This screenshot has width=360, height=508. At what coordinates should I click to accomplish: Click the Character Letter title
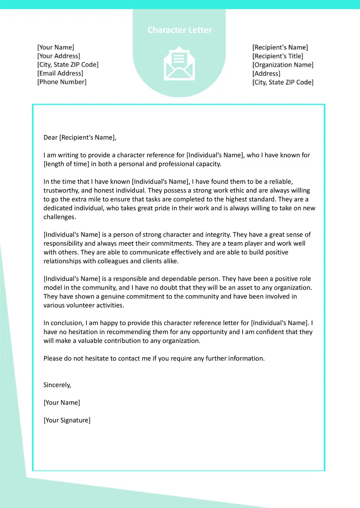(x=180, y=30)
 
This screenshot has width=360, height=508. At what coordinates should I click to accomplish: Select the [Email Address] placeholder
(x=60, y=73)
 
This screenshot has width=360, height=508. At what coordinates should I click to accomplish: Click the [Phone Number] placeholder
(x=62, y=82)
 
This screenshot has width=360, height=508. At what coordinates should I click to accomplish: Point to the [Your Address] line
(x=58, y=56)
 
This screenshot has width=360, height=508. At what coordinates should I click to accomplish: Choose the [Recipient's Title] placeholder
(x=278, y=56)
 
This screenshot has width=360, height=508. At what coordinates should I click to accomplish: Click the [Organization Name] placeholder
(x=283, y=65)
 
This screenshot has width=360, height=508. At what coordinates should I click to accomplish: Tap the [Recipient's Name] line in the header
(x=280, y=48)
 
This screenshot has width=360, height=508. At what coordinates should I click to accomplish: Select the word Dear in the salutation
(x=50, y=137)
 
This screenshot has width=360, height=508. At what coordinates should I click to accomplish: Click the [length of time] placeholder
(x=66, y=164)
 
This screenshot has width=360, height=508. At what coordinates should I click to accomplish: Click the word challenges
(x=59, y=217)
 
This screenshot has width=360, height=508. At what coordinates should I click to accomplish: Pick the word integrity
(x=217, y=235)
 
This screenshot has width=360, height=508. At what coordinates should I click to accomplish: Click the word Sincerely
(x=57, y=385)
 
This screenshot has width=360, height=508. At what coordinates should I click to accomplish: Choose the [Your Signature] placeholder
(x=67, y=420)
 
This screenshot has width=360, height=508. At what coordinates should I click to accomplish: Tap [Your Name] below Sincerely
(x=62, y=403)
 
